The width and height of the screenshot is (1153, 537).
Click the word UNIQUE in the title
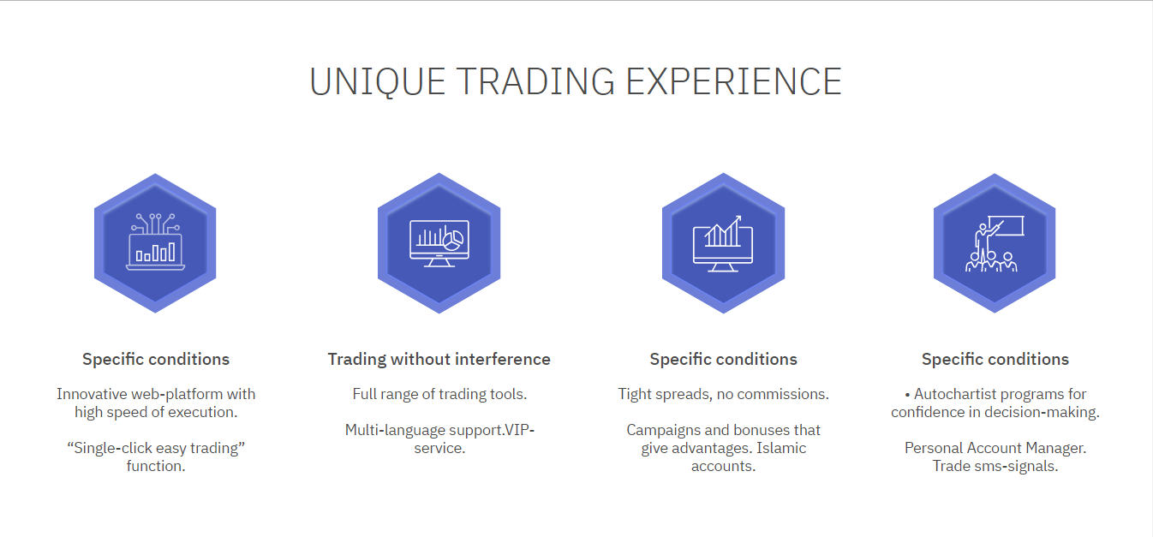click(377, 82)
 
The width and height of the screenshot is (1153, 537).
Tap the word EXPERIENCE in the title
click(733, 82)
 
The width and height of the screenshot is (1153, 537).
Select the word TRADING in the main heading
click(535, 82)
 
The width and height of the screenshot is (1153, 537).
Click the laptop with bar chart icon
click(155, 242)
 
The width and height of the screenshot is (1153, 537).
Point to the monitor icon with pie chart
click(439, 243)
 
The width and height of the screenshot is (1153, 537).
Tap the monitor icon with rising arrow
click(723, 243)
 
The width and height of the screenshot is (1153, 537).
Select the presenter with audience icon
click(995, 243)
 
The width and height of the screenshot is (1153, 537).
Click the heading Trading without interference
click(439, 359)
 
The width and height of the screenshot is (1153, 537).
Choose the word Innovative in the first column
click(93, 394)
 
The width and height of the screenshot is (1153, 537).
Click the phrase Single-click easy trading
click(156, 448)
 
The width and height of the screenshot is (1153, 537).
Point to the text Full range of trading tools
click(439, 394)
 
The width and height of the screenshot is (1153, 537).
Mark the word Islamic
click(781, 448)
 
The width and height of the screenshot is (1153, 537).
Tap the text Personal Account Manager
click(995, 448)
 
